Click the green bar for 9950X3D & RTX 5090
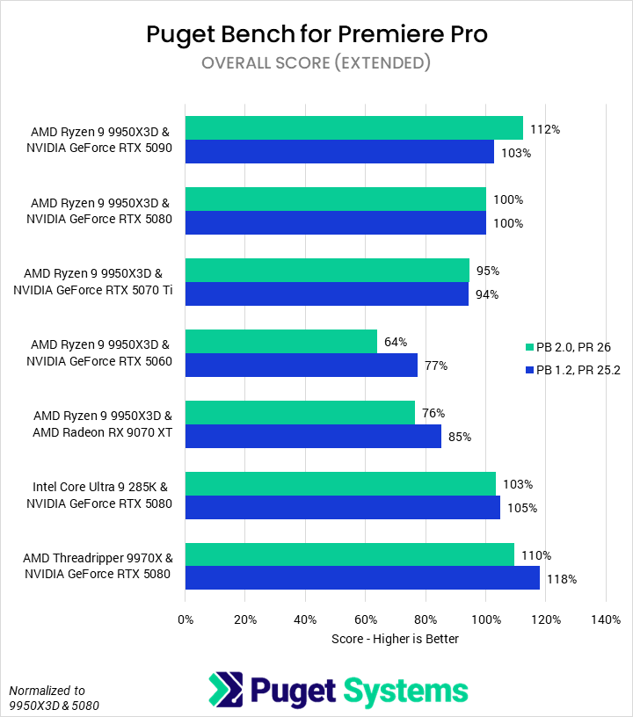pyautogui.click(x=353, y=128)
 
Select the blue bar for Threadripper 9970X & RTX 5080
pyautogui.click(x=362, y=578)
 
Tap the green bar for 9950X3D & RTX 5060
pyautogui.click(x=281, y=342)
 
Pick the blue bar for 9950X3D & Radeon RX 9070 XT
pyautogui.click(x=313, y=436)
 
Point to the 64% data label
pyautogui.click(x=397, y=342)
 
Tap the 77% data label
pyautogui.click(x=436, y=366)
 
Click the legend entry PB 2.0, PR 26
pyautogui.click(x=571, y=347)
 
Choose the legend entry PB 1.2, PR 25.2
pyautogui.click(x=571, y=370)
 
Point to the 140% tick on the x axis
pyautogui.click(x=606, y=620)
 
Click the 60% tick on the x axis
pyautogui.click(x=366, y=620)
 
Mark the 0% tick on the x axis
pyautogui.click(x=186, y=620)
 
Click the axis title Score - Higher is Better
pyautogui.click(x=396, y=639)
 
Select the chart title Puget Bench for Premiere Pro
pyautogui.click(x=316, y=34)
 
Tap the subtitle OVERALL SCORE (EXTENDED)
pyautogui.click(x=316, y=63)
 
